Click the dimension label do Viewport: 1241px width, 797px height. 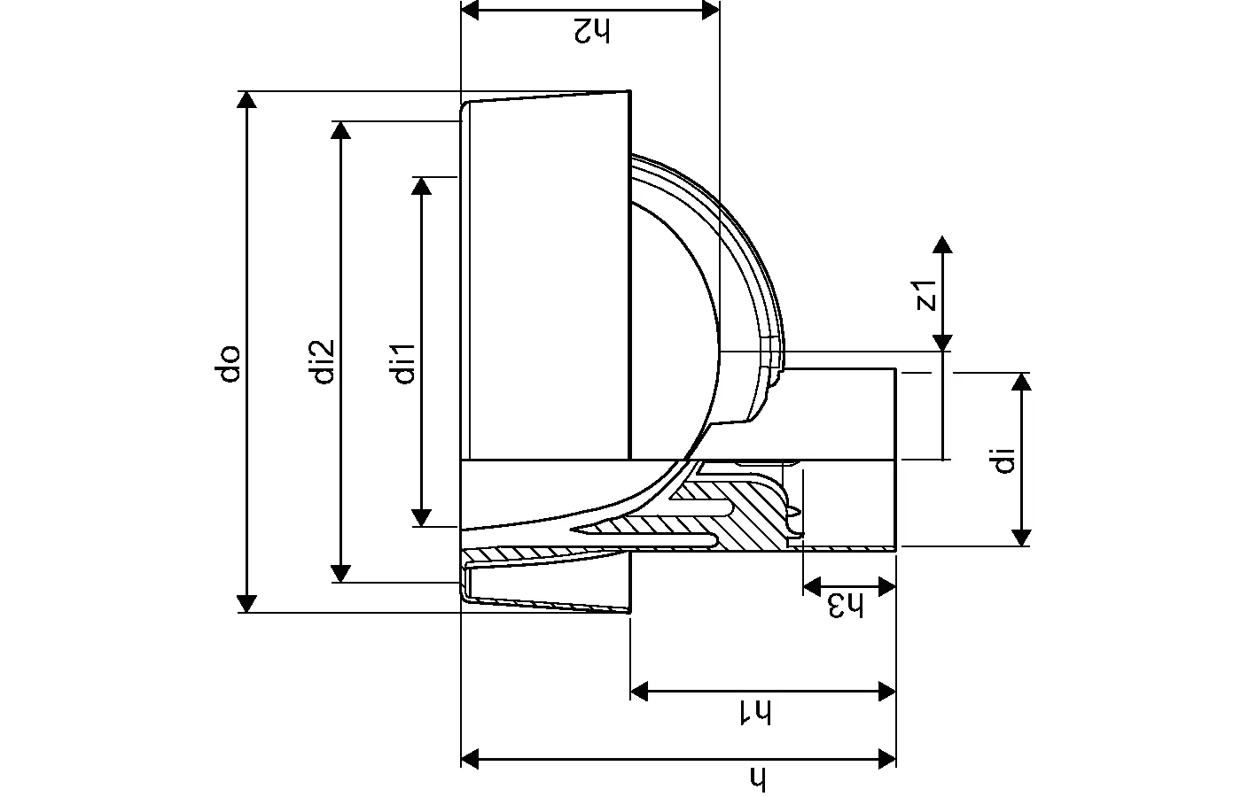[228, 364]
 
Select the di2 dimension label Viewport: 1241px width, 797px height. [322, 361]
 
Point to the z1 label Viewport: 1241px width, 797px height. [926, 295]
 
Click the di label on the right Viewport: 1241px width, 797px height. [1003, 460]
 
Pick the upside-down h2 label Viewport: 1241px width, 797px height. [591, 31]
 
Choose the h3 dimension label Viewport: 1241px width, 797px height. [846, 606]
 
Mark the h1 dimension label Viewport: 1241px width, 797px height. [756, 712]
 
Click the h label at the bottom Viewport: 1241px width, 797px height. [757, 778]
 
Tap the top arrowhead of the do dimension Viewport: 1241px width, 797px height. [246, 99]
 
